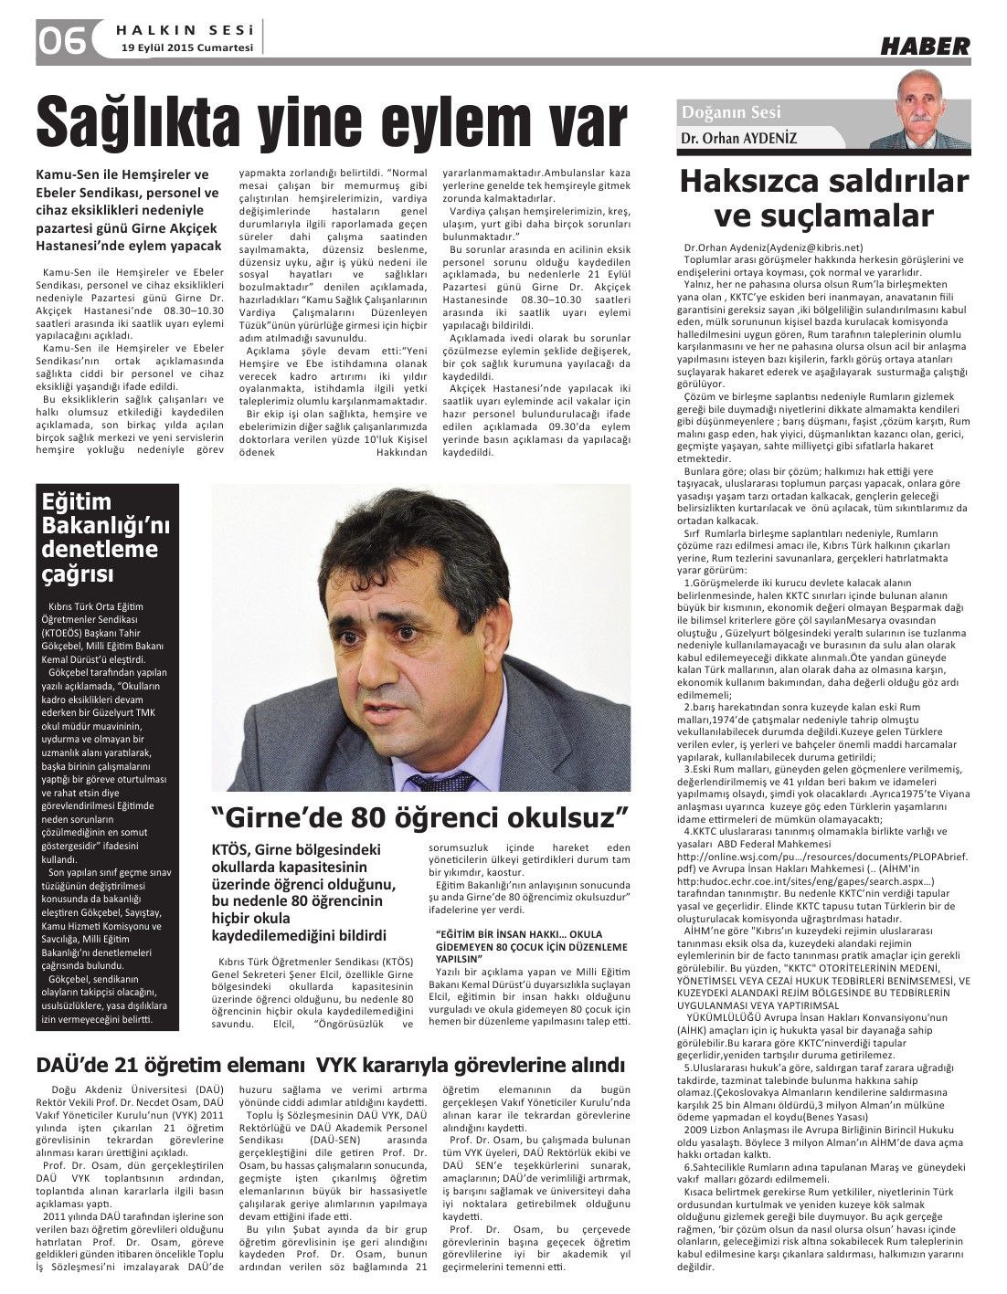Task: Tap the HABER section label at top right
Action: pyautogui.click(x=924, y=46)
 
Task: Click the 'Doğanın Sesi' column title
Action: pyautogui.click(x=731, y=112)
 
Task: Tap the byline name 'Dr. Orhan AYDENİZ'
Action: pyautogui.click(x=738, y=138)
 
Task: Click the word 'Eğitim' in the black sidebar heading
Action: pyautogui.click(x=77, y=501)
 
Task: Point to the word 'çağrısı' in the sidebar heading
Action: pyautogui.click(x=78, y=573)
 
